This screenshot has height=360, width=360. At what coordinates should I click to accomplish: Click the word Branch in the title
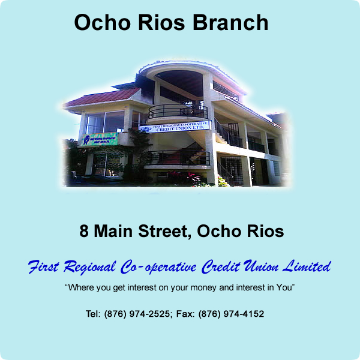(x=230, y=22)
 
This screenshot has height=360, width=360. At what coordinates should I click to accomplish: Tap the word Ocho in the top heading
(x=103, y=22)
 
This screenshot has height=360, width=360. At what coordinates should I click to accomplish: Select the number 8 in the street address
(x=84, y=231)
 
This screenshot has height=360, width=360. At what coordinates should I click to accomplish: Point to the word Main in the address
(x=113, y=231)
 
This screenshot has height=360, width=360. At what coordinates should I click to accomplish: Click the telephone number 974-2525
(x=149, y=314)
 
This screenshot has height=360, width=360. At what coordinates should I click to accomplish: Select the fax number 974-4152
(x=244, y=314)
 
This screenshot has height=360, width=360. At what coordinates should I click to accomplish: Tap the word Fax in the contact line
(x=185, y=314)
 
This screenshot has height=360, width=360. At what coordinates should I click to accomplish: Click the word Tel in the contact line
(x=93, y=314)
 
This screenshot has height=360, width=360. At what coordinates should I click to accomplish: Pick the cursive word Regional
(x=89, y=268)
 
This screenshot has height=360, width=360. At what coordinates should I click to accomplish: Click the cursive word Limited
(x=307, y=266)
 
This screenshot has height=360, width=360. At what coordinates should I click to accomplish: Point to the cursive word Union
(x=261, y=266)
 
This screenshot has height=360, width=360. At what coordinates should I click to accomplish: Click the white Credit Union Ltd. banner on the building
(x=175, y=127)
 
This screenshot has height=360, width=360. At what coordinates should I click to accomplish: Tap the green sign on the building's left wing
(x=99, y=139)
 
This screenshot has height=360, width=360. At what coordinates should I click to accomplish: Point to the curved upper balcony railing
(x=178, y=111)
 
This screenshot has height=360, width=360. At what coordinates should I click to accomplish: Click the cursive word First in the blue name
(x=43, y=267)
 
